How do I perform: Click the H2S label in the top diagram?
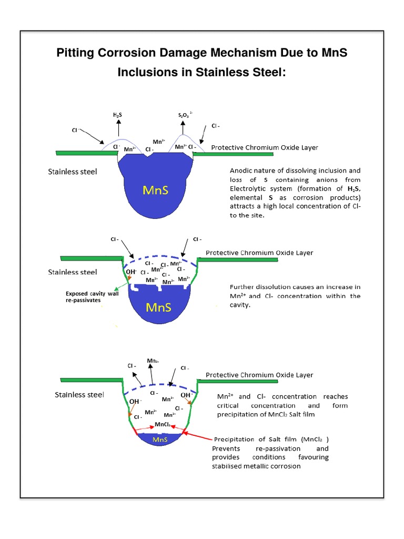[x=118, y=114]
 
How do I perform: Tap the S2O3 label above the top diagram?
[x=185, y=114]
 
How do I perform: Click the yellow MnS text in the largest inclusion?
[x=155, y=190]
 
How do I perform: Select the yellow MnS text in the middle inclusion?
[x=158, y=306]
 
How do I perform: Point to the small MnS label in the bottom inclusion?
[x=159, y=439]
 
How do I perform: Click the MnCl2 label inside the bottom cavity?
[x=162, y=424]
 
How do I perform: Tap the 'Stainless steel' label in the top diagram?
[x=73, y=172]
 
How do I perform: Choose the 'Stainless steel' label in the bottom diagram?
[x=79, y=395]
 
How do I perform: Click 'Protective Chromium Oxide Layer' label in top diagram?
[x=265, y=147]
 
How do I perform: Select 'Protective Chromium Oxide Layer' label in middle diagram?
[x=259, y=253]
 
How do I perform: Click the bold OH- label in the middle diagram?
[x=130, y=271]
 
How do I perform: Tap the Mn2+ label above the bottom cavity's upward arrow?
[x=153, y=361]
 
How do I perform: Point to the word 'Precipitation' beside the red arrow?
[x=237, y=439]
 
